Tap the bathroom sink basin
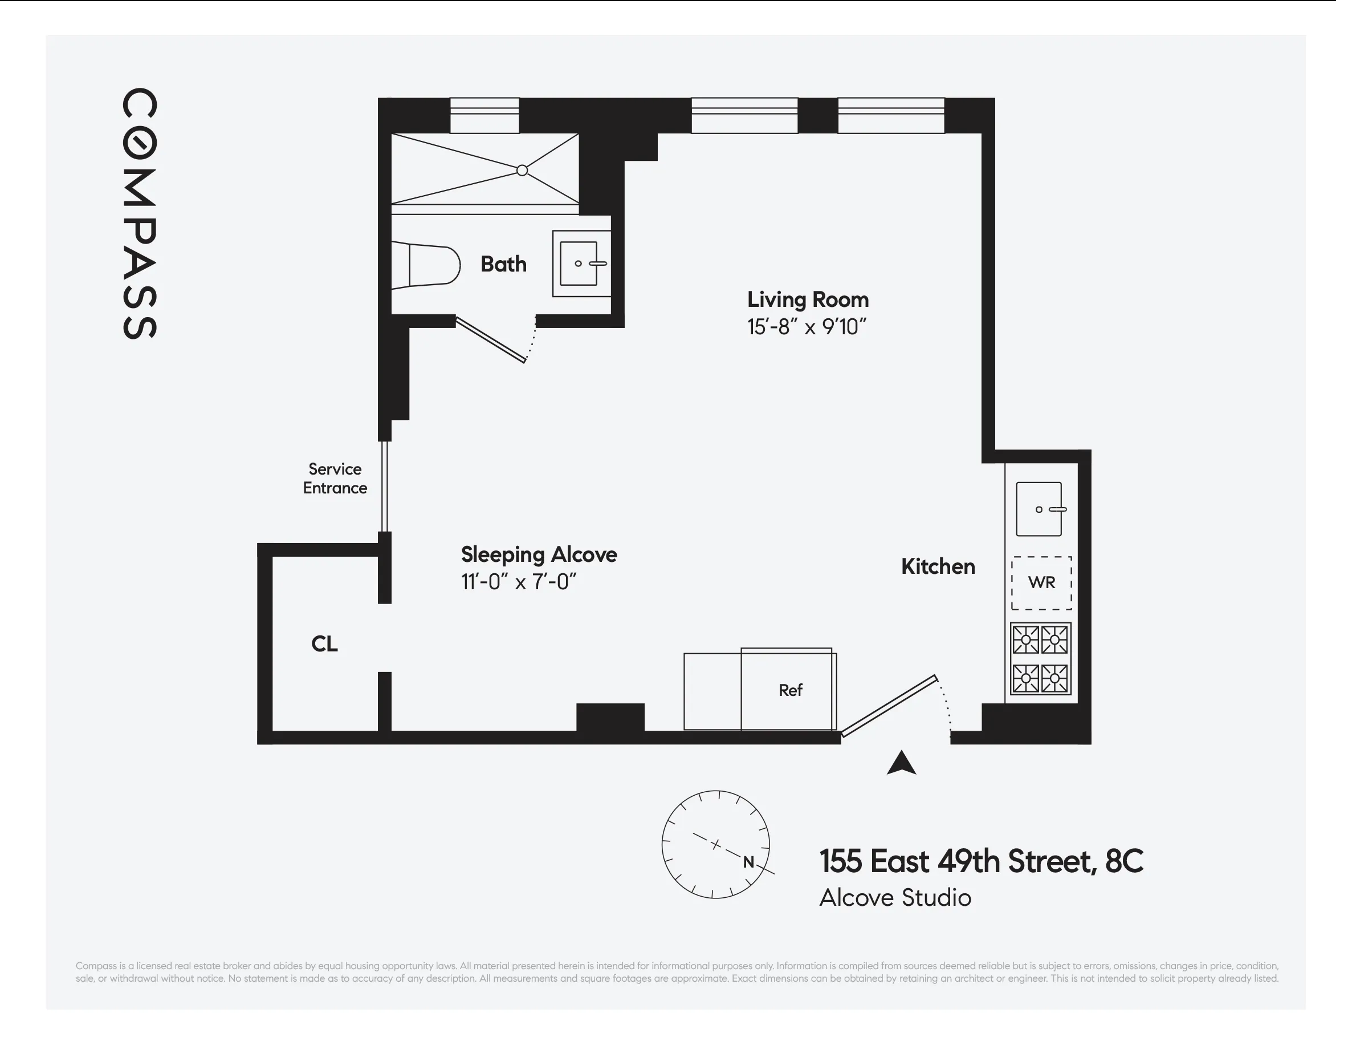pos(579,264)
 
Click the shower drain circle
pos(523,171)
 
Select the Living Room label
pos(808,300)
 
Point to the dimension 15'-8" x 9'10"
pos(807,327)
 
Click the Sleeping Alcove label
pos(539,554)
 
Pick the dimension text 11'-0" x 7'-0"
pos(519,582)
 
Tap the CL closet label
pos(324,644)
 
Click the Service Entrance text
pos(335,479)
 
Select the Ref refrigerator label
pos(791,690)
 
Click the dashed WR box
pos(1042,583)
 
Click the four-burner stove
pos(1041,658)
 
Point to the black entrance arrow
pos(901,764)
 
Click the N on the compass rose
pos(748,862)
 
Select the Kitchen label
pos(938,567)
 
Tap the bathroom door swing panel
pos(491,339)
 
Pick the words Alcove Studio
pos(895,898)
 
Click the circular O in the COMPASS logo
pos(139,144)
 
